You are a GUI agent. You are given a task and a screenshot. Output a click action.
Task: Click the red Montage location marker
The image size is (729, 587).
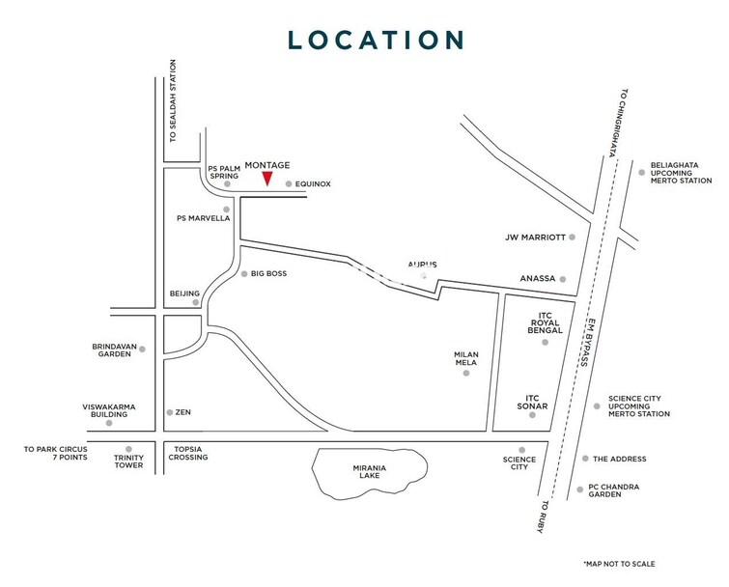pos(267,179)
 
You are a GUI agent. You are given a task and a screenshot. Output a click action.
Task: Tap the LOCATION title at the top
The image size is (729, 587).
pos(377,40)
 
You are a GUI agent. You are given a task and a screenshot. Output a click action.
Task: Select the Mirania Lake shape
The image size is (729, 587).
pos(369,474)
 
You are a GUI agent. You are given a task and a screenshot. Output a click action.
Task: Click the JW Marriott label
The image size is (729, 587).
pos(534,237)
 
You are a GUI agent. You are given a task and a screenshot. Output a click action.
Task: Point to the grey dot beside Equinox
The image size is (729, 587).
pos(288,183)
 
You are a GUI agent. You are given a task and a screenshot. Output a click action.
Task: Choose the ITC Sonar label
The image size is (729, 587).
pos(537,402)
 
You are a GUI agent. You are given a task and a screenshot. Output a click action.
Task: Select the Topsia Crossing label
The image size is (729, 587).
pos(190,453)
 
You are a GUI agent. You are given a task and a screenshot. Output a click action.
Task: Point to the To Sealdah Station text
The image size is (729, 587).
pos(174,101)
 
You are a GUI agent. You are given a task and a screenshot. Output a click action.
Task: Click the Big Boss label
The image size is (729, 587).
pos(268,273)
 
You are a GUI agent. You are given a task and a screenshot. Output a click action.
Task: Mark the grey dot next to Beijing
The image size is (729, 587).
pos(196,302)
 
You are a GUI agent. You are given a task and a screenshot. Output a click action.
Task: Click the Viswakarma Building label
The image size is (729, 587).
pos(109,411)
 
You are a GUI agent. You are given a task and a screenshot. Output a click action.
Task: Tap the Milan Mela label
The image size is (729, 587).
pos(466,359)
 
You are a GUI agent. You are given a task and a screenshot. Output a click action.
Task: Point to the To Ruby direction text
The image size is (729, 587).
pos(544,518)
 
